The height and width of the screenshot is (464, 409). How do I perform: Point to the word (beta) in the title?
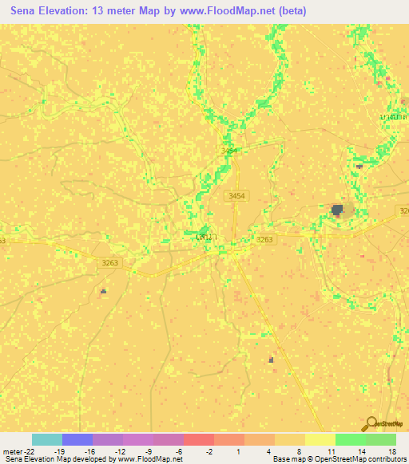pyautogui.click(x=289, y=12)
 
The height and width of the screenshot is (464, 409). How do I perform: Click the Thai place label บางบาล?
pyautogui.click(x=392, y=116)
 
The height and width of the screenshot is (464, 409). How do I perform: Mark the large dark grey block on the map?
pyautogui.click(x=338, y=210)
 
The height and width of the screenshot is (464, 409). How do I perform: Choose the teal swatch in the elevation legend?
pyautogui.click(x=47, y=439)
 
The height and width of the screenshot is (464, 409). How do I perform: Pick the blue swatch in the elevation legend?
pyautogui.click(x=77, y=439)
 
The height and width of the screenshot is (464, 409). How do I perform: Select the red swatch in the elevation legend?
pyautogui.click(x=199, y=439)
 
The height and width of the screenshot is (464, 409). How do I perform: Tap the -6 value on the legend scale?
pyautogui.click(x=180, y=450)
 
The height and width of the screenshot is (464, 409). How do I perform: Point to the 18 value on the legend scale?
pyautogui.click(x=392, y=450)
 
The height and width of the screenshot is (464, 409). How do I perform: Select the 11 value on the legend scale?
pyautogui.click(x=332, y=450)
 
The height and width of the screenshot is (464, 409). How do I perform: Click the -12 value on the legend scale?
pyautogui.click(x=119, y=450)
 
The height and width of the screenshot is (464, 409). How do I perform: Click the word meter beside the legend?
pyautogui.click(x=12, y=450)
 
